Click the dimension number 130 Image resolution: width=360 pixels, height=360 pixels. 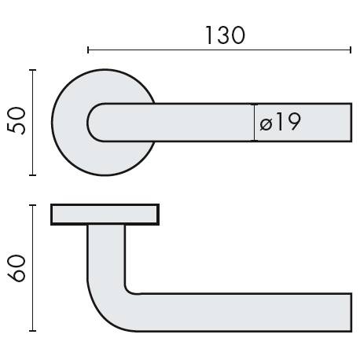[224, 35]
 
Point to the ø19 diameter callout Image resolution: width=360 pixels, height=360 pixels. [279, 123]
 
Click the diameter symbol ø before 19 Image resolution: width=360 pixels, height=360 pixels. [265, 123]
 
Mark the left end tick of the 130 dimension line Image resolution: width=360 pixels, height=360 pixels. [88, 50]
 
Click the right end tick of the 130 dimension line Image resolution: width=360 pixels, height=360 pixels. [351, 50]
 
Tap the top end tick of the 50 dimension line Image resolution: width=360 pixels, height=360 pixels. [32, 70]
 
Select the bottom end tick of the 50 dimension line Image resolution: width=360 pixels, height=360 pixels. [32, 175]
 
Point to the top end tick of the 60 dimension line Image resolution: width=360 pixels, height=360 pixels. [32, 205]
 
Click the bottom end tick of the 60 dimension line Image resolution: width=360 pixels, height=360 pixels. [32, 331]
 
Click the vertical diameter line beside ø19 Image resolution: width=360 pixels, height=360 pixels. [254, 123]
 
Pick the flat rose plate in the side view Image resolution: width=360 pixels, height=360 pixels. [105, 215]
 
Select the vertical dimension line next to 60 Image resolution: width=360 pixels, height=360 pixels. [32, 267]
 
